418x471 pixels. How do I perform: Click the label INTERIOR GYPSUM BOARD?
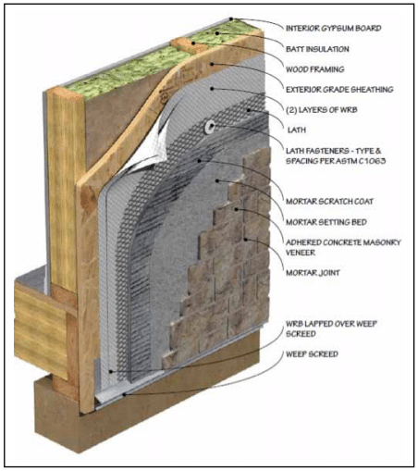[x=334, y=29]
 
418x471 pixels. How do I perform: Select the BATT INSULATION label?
[x=317, y=49]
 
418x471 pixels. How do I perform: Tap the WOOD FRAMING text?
[x=315, y=69]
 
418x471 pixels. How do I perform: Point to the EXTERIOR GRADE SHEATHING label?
[x=339, y=90]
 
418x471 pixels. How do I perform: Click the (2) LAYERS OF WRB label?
[x=322, y=110]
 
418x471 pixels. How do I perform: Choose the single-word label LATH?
[x=297, y=130]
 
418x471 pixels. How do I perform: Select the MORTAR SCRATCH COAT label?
[x=329, y=202]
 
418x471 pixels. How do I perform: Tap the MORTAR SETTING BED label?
[x=326, y=222]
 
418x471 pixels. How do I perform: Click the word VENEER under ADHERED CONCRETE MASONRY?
[x=301, y=253]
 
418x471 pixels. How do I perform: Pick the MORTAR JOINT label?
[x=313, y=273]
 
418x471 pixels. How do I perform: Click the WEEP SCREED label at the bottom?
[x=312, y=354]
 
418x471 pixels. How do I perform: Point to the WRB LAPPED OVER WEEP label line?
[x=331, y=324]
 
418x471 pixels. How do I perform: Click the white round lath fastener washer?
[x=210, y=127]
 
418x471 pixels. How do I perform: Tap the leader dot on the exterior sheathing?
[x=212, y=64]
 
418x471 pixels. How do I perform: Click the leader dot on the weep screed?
[x=124, y=394]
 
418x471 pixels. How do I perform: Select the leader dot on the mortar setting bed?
[x=217, y=180]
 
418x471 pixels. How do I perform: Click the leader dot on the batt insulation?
[x=217, y=33]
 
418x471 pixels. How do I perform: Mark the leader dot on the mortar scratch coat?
[x=200, y=161]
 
